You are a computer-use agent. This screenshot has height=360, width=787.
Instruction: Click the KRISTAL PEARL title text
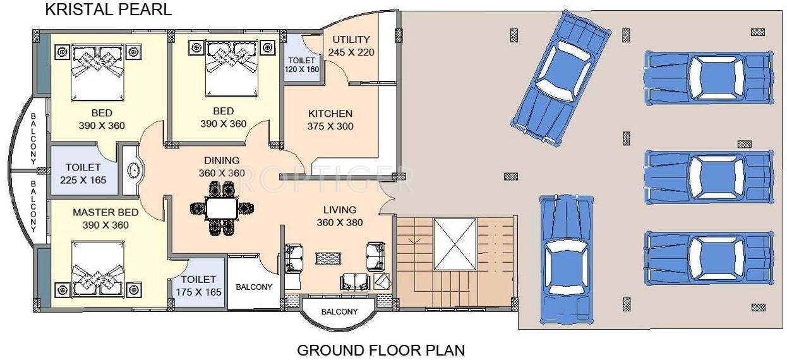point(108,10)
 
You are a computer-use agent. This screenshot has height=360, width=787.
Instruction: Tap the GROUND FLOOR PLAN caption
point(381,349)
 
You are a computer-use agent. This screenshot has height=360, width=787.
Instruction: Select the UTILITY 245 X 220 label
point(351,46)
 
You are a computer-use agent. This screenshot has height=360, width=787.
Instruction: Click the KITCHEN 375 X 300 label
point(330,120)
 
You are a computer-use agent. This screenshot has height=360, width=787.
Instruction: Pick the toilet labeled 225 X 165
point(83,174)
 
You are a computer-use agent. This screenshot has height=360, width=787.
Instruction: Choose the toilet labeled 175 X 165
point(198,285)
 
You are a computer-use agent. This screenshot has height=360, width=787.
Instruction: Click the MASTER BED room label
point(105,219)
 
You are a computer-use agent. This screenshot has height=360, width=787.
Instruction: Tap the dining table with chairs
point(221,208)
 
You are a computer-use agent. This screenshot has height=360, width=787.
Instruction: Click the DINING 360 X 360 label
point(221,167)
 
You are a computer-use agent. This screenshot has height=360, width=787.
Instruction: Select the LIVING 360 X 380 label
point(339,216)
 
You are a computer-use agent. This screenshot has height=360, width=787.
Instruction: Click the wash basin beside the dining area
point(133,171)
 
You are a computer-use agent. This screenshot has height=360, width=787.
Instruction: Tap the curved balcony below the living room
point(339,311)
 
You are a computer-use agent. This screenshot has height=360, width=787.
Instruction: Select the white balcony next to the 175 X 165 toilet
point(254,285)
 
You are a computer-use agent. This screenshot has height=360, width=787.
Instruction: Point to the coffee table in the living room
point(327,258)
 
